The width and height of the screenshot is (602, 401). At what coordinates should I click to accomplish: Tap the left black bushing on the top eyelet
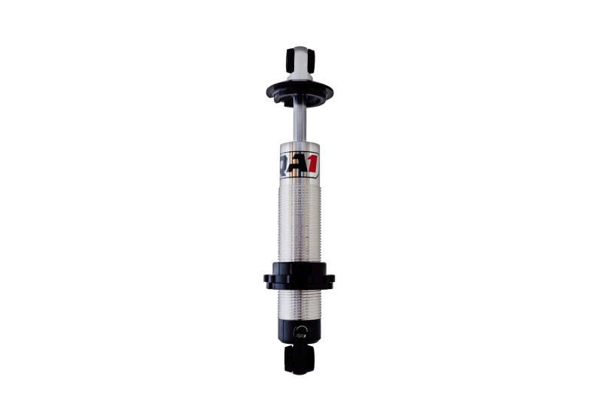click(x=290, y=60)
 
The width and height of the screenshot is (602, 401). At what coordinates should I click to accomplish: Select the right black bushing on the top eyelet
click(x=309, y=60)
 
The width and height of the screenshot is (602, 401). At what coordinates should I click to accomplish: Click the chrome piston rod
click(x=299, y=123)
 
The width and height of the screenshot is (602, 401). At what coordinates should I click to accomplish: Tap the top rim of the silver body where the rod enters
click(x=299, y=144)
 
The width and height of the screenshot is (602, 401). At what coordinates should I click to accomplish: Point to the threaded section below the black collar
click(x=299, y=305)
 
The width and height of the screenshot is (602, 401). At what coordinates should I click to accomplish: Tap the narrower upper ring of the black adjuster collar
click(x=299, y=268)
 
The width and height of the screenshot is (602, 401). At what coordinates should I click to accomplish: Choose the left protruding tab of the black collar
click(x=268, y=280)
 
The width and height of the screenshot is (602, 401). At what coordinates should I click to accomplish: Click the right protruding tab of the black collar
click(x=330, y=280)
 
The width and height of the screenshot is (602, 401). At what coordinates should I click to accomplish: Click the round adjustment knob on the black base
click(x=302, y=330)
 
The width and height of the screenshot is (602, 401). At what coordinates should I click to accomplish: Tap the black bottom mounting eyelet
click(x=299, y=360)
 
